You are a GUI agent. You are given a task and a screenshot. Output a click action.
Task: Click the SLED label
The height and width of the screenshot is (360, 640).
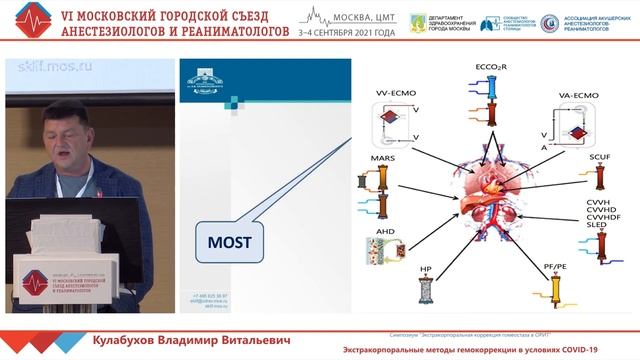click(x=582, y=227)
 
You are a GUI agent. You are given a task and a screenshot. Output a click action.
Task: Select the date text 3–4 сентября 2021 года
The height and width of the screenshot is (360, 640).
click(x=345, y=33)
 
